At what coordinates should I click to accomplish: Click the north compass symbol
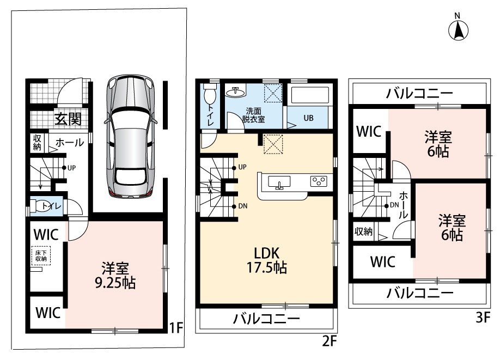458,28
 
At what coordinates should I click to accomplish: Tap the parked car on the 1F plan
130,137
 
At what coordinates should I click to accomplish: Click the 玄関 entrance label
68,119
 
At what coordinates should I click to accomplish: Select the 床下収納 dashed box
41,256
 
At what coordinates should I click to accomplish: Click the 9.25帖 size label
115,283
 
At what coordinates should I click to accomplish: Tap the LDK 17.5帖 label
266,260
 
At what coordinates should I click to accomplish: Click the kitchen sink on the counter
279,182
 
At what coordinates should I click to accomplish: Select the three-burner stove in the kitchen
319,181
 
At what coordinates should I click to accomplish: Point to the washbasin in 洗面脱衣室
235,92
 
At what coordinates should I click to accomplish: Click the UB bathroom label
308,118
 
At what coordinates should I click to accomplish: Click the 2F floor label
330,341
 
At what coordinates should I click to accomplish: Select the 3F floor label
483,318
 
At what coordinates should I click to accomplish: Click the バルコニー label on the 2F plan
266,319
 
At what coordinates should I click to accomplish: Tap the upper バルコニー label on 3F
419,94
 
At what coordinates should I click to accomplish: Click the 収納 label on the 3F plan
363,231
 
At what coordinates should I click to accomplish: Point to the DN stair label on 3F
394,205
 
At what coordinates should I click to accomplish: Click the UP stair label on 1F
71,168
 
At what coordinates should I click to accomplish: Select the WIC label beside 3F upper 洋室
369,131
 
